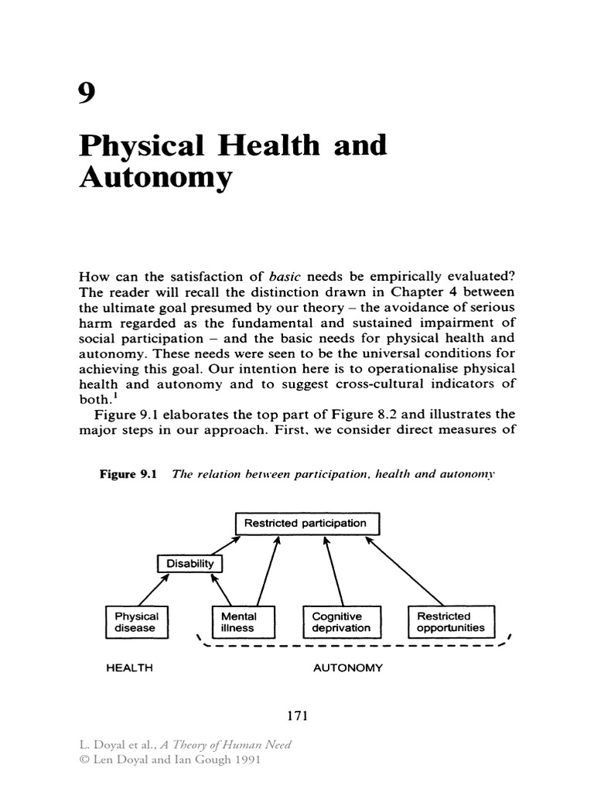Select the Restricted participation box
pyautogui.click(x=306, y=524)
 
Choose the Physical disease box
pyautogui.click(x=136, y=622)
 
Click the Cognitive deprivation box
pyautogui.click(x=341, y=622)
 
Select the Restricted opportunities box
pyautogui.click(x=451, y=622)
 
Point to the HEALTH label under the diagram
pyautogui.click(x=129, y=667)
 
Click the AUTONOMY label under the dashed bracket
pyautogui.click(x=347, y=667)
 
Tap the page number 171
pyautogui.click(x=297, y=716)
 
